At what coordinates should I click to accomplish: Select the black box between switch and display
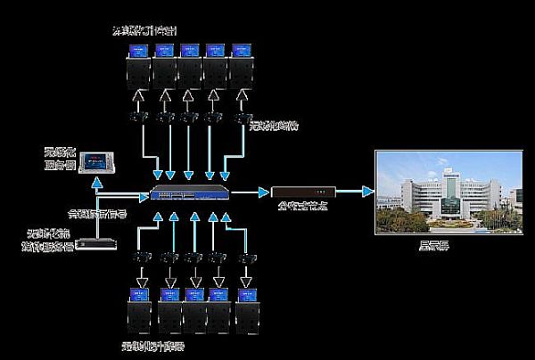click(x=304, y=191)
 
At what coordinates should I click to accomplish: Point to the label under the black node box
click(x=302, y=211)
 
